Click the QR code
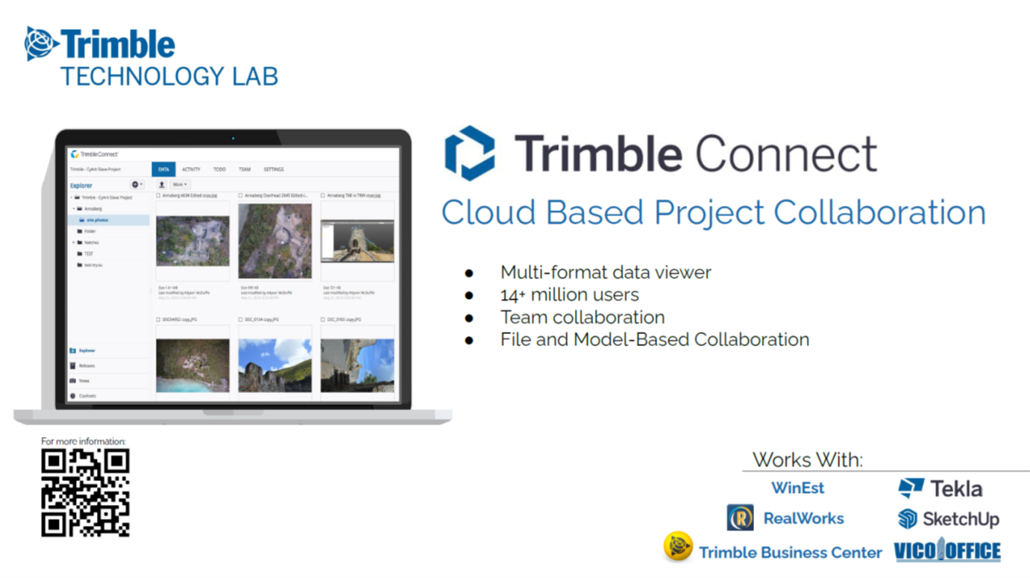pos(85,492)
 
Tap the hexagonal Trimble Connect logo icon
pos(469,153)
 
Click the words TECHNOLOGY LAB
pos(169,76)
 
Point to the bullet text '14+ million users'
pos(569,295)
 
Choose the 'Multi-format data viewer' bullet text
pos(606,272)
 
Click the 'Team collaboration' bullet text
pos(582,317)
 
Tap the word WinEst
pos(797,488)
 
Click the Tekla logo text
pos(955,489)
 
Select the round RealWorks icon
pos(740,518)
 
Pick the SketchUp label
pos(961,519)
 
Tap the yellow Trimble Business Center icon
pos(677,547)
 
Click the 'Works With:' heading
pos(807,459)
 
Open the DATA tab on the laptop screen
pos(163,169)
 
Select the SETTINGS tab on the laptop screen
pos(273,169)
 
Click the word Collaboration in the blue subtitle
pos(879,213)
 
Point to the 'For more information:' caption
pos(84,442)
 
